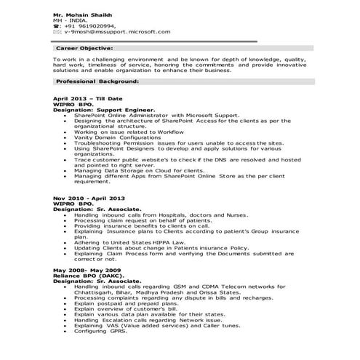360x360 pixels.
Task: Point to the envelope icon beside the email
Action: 57,32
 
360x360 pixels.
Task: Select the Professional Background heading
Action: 97,82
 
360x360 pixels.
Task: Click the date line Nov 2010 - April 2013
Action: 89,198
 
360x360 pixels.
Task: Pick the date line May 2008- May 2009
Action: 87,270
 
